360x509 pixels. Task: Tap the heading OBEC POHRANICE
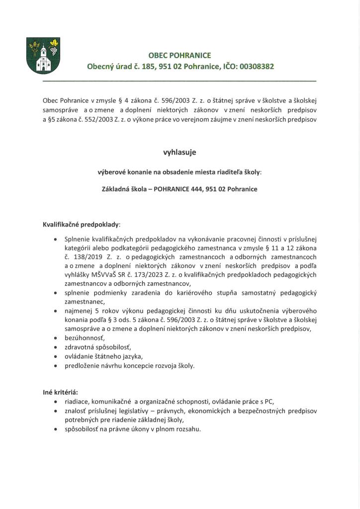coord(180,55)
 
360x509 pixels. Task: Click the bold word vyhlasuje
coord(180,153)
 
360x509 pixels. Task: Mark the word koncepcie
coord(139,365)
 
